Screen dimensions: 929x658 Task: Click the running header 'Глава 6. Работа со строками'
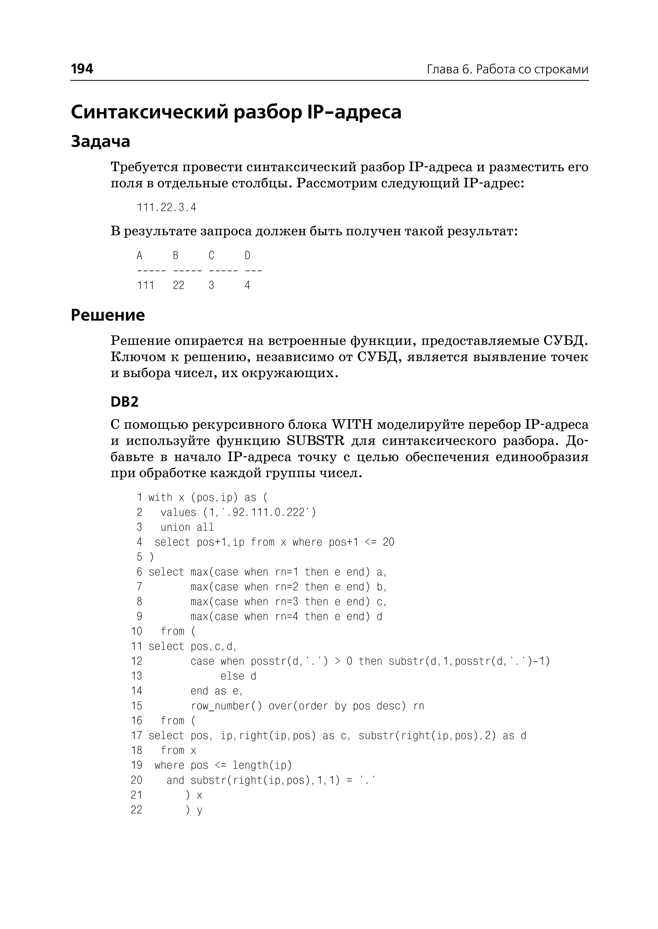(507, 69)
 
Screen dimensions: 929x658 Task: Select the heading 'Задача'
(101, 141)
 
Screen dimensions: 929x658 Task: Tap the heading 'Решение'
(108, 315)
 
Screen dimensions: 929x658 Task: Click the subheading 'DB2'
(124, 402)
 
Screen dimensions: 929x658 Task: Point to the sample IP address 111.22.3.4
(166, 208)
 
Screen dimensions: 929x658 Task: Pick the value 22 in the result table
(178, 285)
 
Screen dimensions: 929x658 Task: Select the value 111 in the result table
(146, 285)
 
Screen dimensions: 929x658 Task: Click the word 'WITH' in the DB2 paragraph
(352, 425)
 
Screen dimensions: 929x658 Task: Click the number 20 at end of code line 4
(388, 542)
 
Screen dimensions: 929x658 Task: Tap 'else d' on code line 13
(238, 676)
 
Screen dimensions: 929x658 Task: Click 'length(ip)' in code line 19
(262, 765)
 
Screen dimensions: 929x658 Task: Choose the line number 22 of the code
(137, 810)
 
